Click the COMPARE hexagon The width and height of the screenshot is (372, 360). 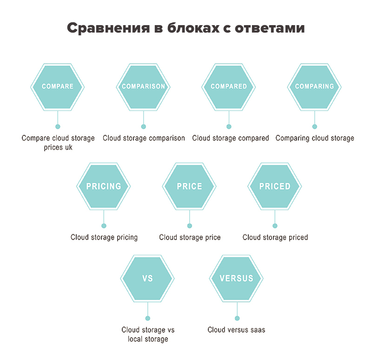click(x=57, y=87)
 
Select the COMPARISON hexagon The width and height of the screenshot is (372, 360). click(x=143, y=87)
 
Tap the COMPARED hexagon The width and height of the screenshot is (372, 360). click(x=228, y=87)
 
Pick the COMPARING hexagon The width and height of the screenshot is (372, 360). click(x=314, y=87)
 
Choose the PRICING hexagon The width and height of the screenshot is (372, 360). click(x=103, y=187)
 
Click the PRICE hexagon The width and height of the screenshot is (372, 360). click(x=189, y=187)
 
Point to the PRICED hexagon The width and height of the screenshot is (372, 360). click(x=275, y=187)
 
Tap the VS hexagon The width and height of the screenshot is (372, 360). click(x=147, y=278)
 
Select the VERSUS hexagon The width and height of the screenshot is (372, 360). click(x=236, y=278)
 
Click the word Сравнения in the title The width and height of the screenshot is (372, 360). click(x=108, y=28)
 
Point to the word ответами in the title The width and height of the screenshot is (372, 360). click(x=270, y=28)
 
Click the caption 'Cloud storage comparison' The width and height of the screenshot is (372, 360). click(x=144, y=138)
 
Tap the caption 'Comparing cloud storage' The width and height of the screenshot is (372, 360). click(x=315, y=138)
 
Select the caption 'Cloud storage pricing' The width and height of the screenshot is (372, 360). click(x=104, y=237)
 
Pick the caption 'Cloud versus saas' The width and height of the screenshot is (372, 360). click(x=236, y=330)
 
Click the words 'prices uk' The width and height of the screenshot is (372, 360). click(x=58, y=147)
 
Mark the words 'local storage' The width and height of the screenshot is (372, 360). click(x=148, y=339)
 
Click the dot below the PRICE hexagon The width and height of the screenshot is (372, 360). click(x=190, y=226)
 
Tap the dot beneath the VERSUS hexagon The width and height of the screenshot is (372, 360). click(x=237, y=318)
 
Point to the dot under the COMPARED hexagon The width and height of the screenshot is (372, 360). click(x=229, y=127)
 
